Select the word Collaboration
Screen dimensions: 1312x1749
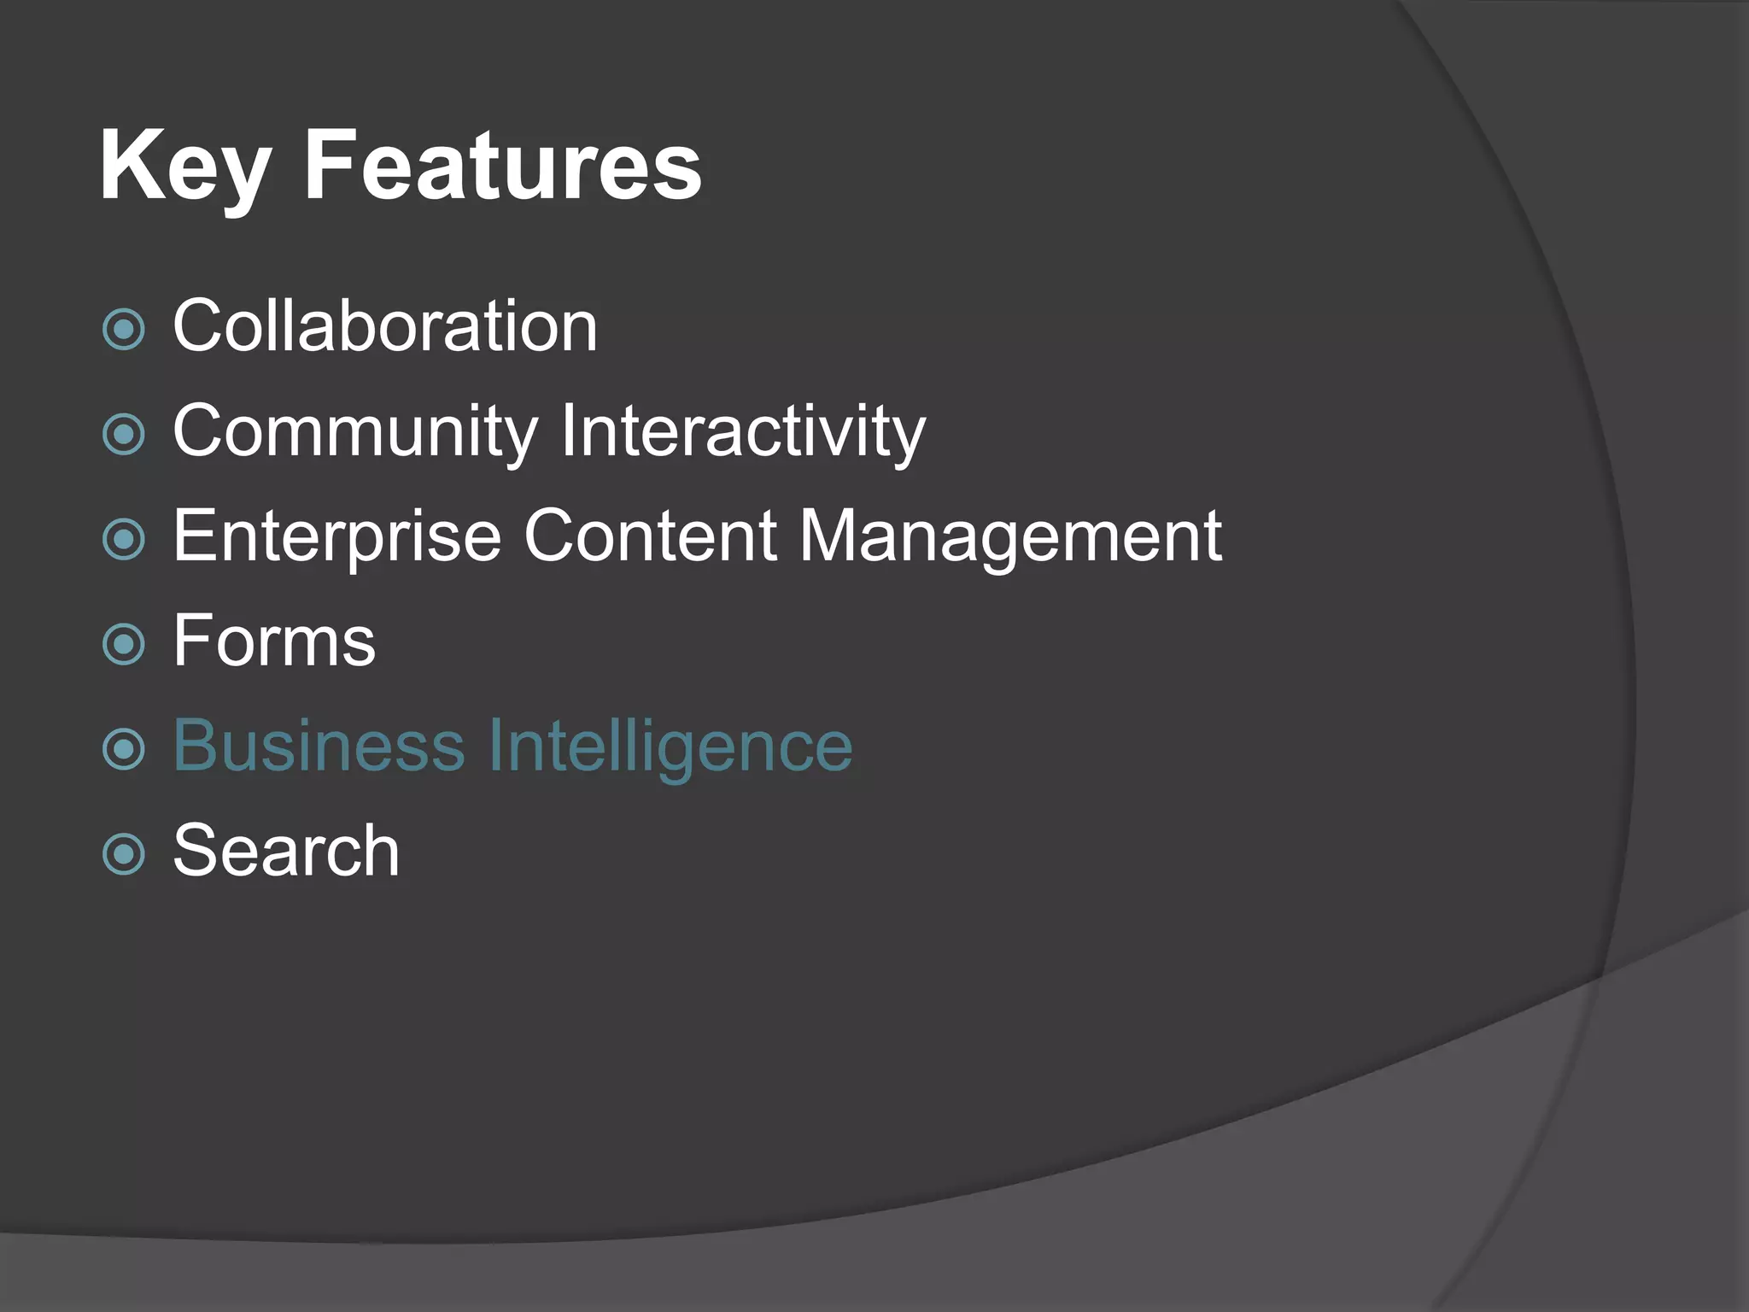click(385, 326)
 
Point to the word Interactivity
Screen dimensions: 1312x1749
click(743, 432)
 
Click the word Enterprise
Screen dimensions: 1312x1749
click(337, 536)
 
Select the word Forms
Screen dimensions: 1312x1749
click(274, 641)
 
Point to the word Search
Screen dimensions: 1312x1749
click(286, 851)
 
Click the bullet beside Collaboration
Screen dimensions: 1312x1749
click(124, 330)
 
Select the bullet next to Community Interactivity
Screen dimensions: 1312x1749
click(124, 435)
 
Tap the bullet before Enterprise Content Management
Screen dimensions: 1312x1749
click(124, 540)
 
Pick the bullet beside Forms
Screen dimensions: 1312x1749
click(124, 644)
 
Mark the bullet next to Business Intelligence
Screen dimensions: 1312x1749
click(124, 749)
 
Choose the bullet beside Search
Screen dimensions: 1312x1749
click(124, 854)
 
